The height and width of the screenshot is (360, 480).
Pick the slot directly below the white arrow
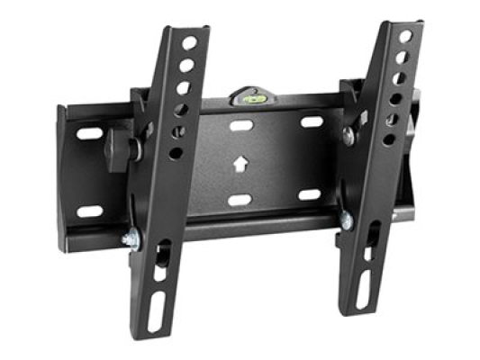click(239, 200)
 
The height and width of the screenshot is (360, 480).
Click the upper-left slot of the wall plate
click(89, 133)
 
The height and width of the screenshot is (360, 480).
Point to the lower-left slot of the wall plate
click(88, 211)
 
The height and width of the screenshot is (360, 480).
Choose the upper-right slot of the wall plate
click(311, 121)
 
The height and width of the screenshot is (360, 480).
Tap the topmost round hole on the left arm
click(190, 43)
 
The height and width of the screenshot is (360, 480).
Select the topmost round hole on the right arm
click(405, 37)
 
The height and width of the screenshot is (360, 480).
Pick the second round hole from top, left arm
click(187, 65)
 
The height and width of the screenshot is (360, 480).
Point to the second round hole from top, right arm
click(402, 58)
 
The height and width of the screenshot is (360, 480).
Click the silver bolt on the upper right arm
click(349, 136)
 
